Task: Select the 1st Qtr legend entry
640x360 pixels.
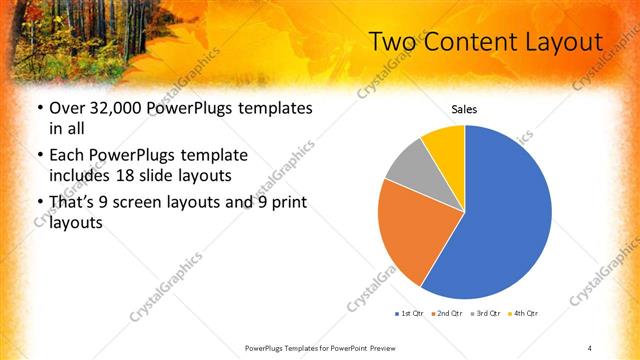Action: pyautogui.click(x=409, y=314)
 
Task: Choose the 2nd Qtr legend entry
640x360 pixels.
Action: pyautogui.click(x=445, y=314)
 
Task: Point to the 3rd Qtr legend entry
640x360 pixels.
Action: pyautogui.click(x=483, y=314)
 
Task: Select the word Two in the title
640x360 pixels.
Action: pyautogui.click(x=391, y=42)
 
